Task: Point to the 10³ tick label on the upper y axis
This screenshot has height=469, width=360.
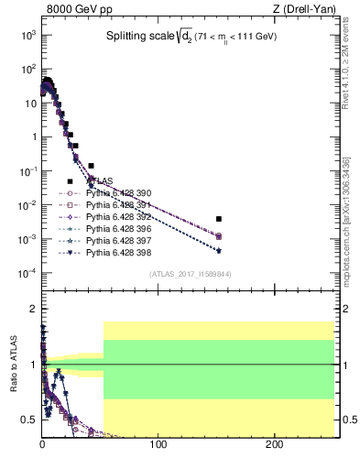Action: click(28, 34)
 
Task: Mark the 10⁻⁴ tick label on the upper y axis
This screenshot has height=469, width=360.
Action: click(27, 273)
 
